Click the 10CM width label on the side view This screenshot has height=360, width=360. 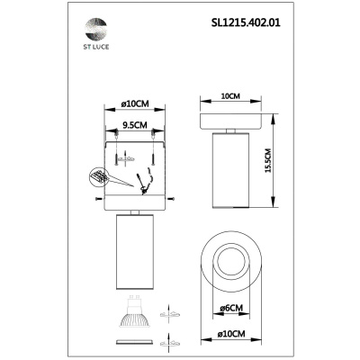click(x=229, y=93)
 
